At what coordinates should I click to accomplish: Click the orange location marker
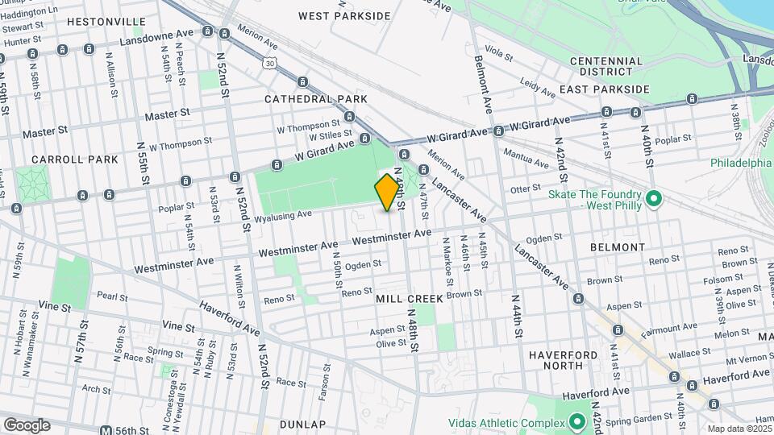tap(388, 193)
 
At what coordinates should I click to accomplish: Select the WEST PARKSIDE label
tap(344, 16)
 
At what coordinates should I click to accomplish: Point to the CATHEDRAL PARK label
tap(316, 99)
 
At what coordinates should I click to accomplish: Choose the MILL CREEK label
tap(410, 299)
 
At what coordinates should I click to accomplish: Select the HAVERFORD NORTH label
tap(564, 360)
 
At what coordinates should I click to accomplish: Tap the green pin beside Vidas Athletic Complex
tap(577, 421)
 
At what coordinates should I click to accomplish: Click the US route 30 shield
tap(266, 60)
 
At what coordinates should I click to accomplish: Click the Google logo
tap(27, 425)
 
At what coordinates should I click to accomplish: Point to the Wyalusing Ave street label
tap(283, 215)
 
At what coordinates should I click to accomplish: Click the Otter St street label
tap(525, 189)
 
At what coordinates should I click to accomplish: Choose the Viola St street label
tap(499, 54)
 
